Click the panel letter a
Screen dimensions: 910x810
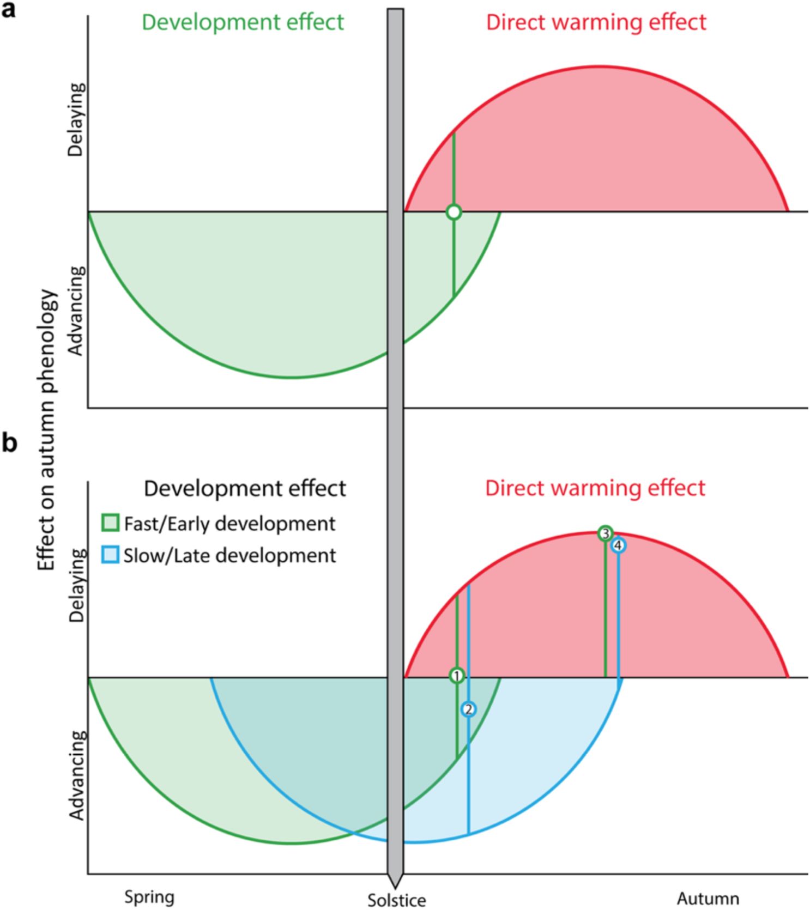9,10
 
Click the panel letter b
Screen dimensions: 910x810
9,442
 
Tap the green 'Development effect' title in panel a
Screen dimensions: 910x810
243,22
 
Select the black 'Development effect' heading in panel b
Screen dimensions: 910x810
245,488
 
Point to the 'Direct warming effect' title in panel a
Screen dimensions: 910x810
596,22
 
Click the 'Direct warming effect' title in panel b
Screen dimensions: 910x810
595,488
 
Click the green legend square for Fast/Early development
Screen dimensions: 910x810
111,523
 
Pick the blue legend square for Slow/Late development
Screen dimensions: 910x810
111,555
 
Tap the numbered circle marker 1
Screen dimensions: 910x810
457,676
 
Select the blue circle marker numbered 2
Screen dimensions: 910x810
468,709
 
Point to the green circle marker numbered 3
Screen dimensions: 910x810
605,533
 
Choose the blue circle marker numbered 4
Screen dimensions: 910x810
618,545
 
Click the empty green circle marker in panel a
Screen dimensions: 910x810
454,212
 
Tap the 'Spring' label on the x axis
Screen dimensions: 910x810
149,897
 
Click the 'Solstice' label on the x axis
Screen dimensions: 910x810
396,900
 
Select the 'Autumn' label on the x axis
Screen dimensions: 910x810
708,898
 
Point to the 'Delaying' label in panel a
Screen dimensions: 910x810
76,120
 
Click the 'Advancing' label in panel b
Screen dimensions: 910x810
77,775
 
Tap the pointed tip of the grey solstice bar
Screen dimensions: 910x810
395,885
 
